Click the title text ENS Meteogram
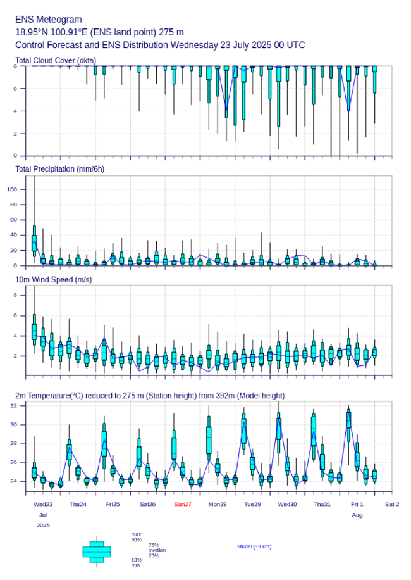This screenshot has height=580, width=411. tap(49, 20)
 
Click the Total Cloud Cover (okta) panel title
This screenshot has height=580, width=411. tap(56, 61)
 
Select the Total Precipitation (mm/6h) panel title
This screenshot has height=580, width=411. tap(60, 168)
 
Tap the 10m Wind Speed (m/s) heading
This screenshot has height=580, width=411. tap(53, 279)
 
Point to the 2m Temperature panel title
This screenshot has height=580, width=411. tap(150, 396)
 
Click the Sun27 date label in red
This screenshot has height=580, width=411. tap(183, 504)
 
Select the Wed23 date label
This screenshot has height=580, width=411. tap(43, 504)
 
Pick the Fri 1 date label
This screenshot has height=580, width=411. tap(357, 504)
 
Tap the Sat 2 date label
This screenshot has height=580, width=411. tap(392, 504)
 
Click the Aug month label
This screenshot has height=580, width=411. tap(357, 515)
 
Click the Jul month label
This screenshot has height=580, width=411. tap(43, 515)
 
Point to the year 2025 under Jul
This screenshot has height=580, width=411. tap(43, 526)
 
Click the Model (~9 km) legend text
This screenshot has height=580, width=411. tap(254, 546)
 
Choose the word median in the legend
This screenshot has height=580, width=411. tap(157, 550)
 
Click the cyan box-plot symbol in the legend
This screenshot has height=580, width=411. tap(97, 552)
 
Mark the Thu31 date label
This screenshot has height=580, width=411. tap(322, 504)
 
